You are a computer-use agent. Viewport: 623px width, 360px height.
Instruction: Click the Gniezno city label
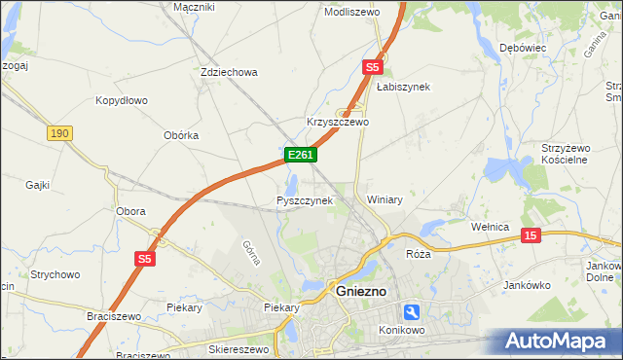pyautogui.click(x=361, y=290)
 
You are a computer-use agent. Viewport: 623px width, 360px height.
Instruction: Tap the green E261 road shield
pyautogui.click(x=299, y=155)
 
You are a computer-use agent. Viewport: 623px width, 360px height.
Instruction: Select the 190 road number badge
pyautogui.click(x=59, y=133)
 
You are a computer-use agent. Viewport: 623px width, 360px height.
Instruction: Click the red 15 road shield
pyautogui.click(x=530, y=235)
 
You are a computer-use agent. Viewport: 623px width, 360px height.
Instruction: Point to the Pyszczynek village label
pyautogui.click(x=305, y=200)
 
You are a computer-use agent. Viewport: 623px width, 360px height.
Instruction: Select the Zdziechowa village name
pyautogui.click(x=228, y=72)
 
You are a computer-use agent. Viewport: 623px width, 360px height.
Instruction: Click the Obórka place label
pyautogui.click(x=181, y=135)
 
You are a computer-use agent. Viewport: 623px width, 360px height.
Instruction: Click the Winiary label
pyautogui.click(x=385, y=199)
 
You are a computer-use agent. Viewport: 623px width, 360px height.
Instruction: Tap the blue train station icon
pyautogui.click(x=413, y=311)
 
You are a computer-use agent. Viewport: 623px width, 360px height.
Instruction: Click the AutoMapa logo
pyautogui.click(x=560, y=342)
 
